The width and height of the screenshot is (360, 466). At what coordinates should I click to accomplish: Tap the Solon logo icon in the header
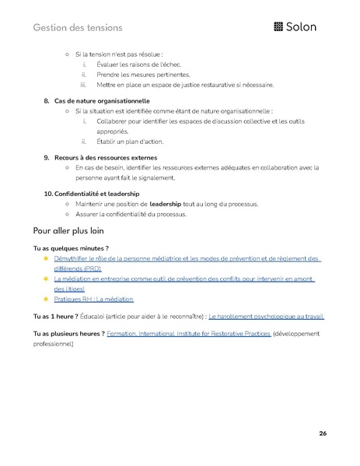tap(280, 27)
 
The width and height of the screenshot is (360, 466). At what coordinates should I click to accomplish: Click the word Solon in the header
tap(306, 27)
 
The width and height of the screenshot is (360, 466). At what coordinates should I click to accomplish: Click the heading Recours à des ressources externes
tap(105, 157)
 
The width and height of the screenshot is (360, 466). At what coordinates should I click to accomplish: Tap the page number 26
tap(322, 433)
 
